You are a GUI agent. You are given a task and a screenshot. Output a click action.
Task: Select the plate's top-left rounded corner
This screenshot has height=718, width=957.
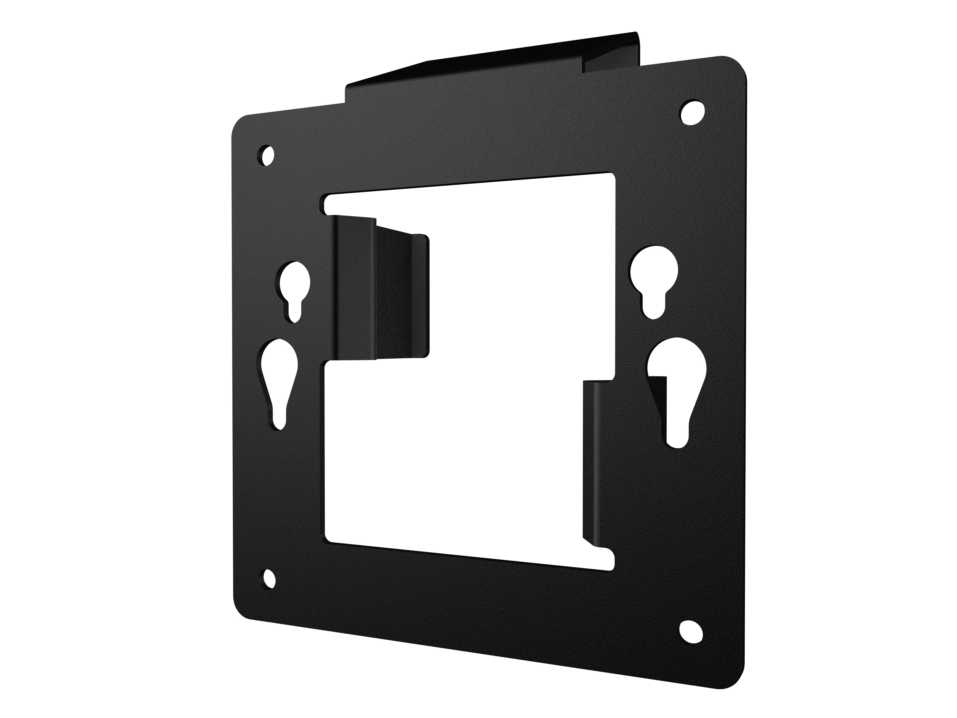pos(242,123)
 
